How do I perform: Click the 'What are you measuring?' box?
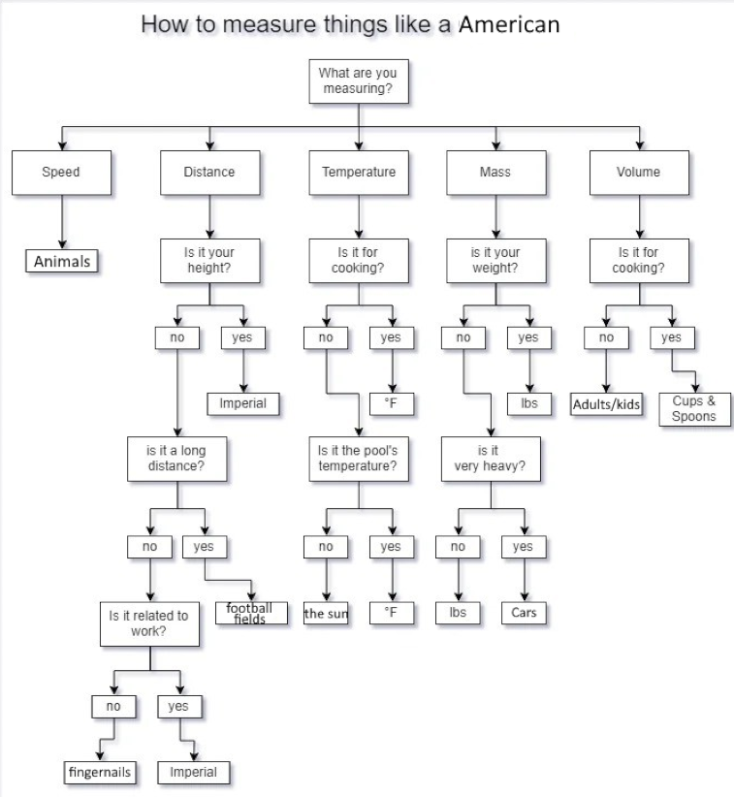(x=358, y=81)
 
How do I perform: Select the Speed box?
(x=61, y=173)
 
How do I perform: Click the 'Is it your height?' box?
(x=209, y=260)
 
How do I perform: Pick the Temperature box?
(x=359, y=173)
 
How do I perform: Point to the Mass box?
(x=495, y=173)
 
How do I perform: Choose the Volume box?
(x=638, y=173)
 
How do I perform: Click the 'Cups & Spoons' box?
(x=694, y=408)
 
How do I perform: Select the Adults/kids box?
(x=606, y=403)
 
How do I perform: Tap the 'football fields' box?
(x=250, y=613)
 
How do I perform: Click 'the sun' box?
(x=325, y=613)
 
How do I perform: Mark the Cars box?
(x=525, y=613)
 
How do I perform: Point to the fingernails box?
(x=99, y=772)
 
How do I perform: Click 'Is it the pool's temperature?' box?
(x=358, y=459)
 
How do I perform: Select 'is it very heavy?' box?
(x=489, y=459)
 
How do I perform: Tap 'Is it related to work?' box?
(x=149, y=623)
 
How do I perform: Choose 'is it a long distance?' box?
(x=176, y=459)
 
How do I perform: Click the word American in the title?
(x=508, y=24)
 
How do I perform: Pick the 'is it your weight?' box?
(x=495, y=260)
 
